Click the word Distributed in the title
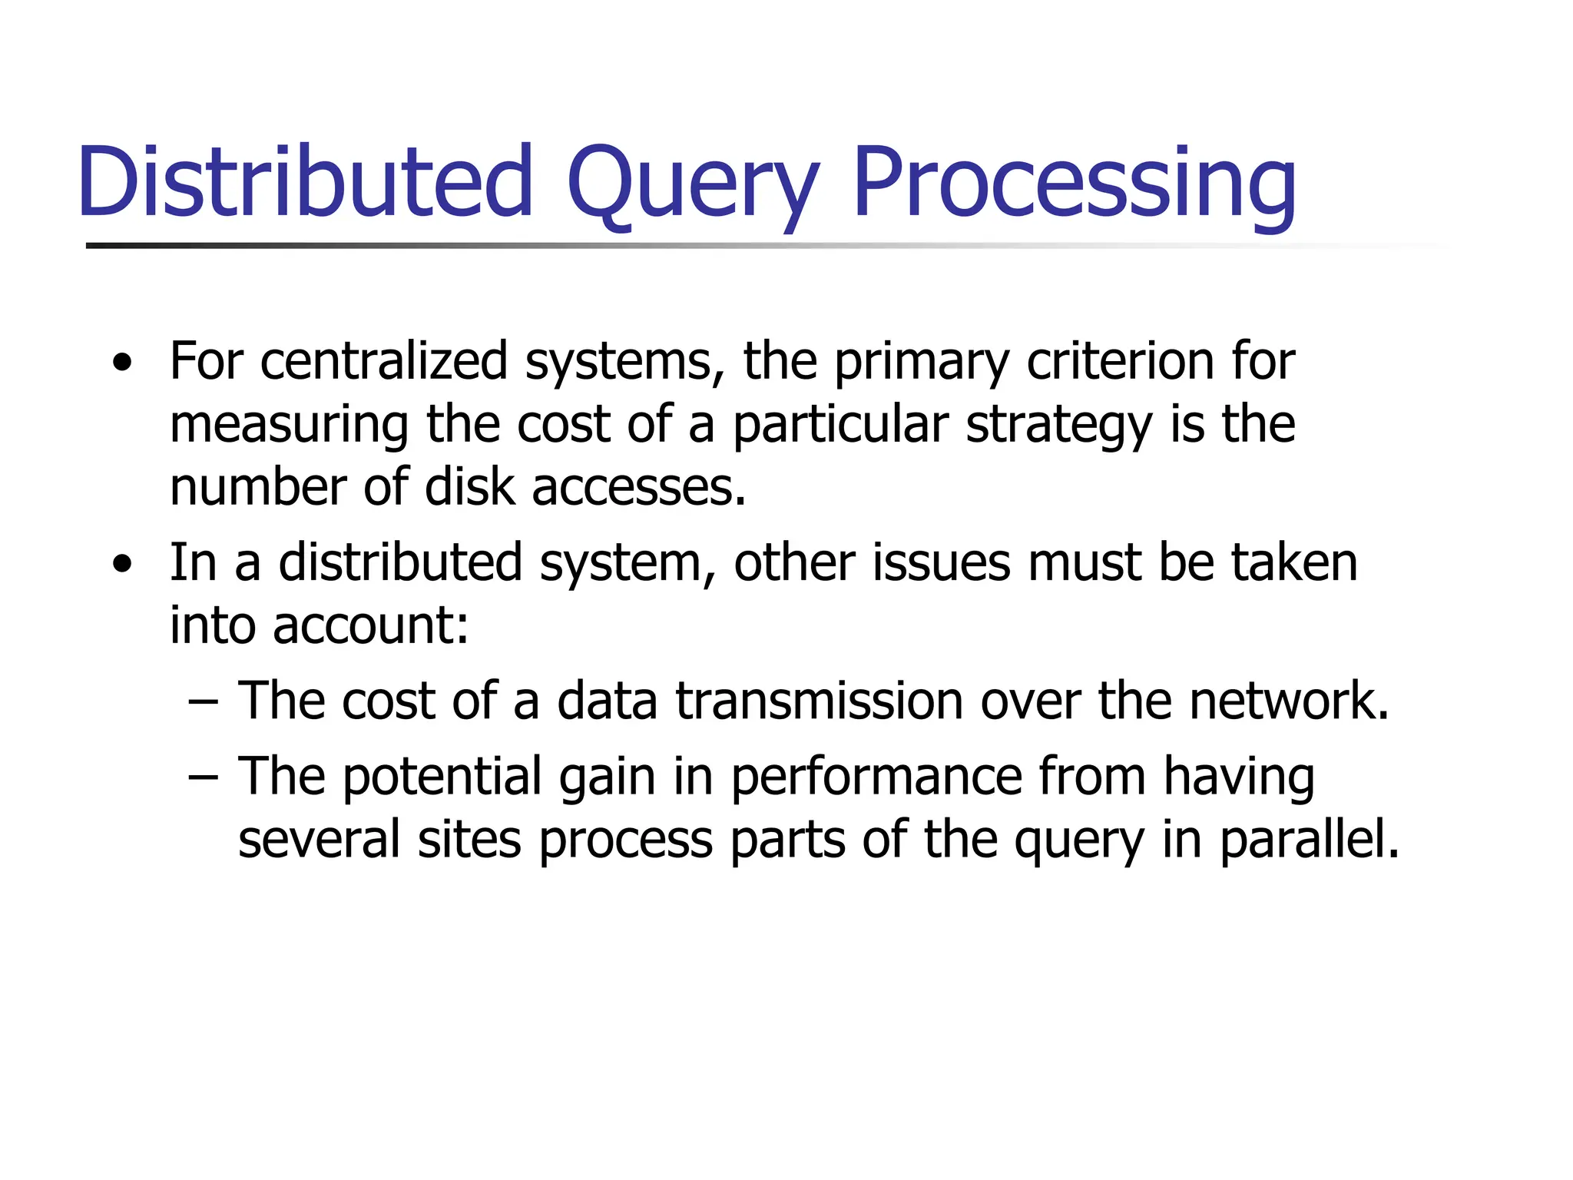[x=305, y=182]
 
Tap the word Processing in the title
[x=1074, y=184]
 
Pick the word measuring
[x=289, y=425]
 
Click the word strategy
[x=1059, y=425]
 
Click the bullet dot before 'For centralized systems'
[x=121, y=363]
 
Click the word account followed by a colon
[x=370, y=625]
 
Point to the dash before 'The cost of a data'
[x=203, y=701]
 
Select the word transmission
[x=819, y=701]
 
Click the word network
[x=1289, y=701]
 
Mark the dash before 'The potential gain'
[x=203, y=777]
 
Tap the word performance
[x=876, y=777]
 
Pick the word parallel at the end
[x=1309, y=840]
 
